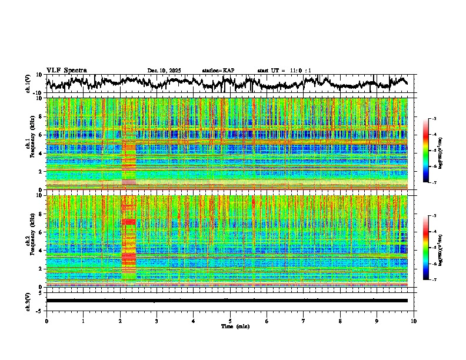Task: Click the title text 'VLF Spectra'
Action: [66, 70]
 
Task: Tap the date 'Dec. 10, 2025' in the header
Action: [164, 71]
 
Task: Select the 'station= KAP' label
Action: [218, 71]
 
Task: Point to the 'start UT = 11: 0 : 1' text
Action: [284, 71]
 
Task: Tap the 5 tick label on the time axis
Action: [230, 321]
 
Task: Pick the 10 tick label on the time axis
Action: [414, 321]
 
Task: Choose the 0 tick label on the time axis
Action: [46, 321]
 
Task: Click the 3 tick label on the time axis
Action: [157, 321]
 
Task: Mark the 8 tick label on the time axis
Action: [340, 321]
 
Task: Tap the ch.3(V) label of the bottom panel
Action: [29, 301]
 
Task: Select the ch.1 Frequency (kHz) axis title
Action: [30, 143]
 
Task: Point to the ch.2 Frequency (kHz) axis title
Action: [30, 240]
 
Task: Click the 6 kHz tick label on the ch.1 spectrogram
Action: [41, 135]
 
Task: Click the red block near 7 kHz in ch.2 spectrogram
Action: [129, 222]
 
